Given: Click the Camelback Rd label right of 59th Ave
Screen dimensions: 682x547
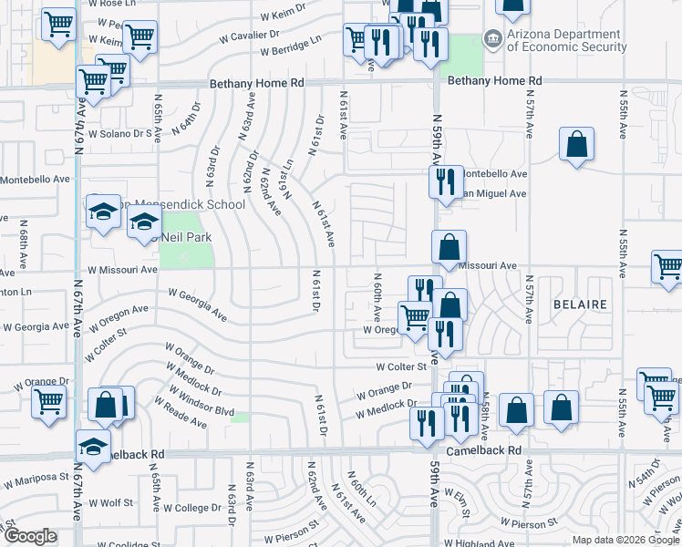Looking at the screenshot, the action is pyautogui.click(x=483, y=451).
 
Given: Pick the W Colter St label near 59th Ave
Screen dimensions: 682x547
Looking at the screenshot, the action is pyautogui.click(x=402, y=366).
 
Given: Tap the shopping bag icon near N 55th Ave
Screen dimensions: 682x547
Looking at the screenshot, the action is pyautogui.click(x=576, y=144).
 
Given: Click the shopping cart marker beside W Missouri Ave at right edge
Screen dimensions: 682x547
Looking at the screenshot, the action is pyautogui.click(x=667, y=267).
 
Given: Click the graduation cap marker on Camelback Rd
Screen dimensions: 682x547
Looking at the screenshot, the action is pyautogui.click(x=92, y=446).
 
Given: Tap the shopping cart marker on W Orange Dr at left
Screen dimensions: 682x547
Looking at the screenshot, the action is pyautogui.click(x=47, y=400).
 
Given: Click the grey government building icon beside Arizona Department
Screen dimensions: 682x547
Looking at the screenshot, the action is pyautogui.click(x=492, y=38).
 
